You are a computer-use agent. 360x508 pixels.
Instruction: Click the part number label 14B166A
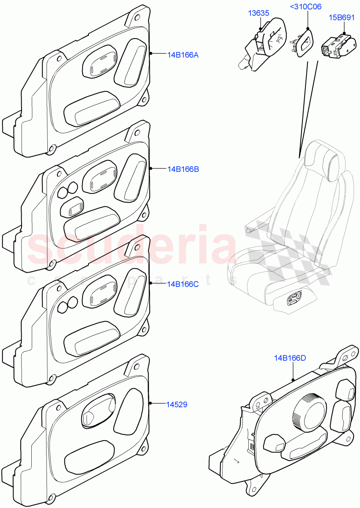[x=183, y=55]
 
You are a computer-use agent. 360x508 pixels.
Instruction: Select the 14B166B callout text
[x=183, y=169]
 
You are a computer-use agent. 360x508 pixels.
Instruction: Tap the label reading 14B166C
[x=182, y=284]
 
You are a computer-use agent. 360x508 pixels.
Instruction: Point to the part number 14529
[x=177, y=405]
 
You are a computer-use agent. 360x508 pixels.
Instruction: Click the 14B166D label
[x=290, y=358]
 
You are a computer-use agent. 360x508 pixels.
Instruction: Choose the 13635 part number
[x=258, y=13]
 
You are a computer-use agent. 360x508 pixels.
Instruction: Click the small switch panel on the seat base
[x=294, y=299]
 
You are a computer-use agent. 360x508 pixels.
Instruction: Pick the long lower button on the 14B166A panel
[x=91, y=109]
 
